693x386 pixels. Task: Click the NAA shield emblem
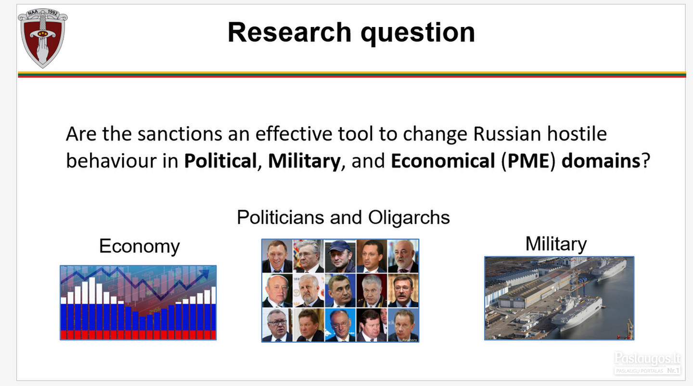(x=43, y=38)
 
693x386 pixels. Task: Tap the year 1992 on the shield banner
(x=52, y=13)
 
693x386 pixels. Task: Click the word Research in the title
(x=290, y=32)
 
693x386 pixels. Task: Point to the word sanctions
(x=180, y=134)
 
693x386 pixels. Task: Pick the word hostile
(x=577, y=134)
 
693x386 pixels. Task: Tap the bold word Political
(x=220, y=161)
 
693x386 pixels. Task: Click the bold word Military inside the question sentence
(x=304, y=161)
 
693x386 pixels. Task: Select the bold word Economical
(x=443, y=161)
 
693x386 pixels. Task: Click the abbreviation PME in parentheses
(x=528, y=161)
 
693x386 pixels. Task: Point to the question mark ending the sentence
(x=646, y=161)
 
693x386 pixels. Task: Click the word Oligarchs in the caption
(x=409, y=218)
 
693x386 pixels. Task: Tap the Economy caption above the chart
(x=139, y=246)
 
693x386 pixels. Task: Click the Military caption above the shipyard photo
(x=556, y=244)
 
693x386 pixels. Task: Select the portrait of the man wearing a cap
(x=340, y=256)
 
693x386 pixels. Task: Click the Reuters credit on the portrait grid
(x=410, y=340)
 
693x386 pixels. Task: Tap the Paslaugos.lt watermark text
(x=647, y=358)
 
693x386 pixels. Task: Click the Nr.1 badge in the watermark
(x=673, y=370)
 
